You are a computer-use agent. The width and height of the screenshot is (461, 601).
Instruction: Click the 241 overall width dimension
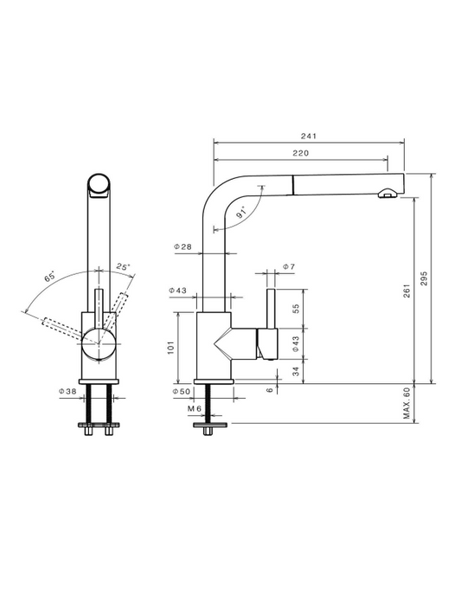pos(309,136)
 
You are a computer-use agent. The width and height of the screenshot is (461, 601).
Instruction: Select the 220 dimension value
pos(301,153)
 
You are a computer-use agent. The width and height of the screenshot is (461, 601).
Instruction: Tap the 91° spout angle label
pos(242,213)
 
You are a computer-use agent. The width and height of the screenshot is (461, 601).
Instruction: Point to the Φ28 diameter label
pos(182,246)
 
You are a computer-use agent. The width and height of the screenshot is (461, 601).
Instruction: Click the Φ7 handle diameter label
pos(289,266)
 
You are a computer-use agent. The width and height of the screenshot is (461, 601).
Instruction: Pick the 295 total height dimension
pos(424,278)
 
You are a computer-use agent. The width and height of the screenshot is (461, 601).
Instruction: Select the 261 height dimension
pos(407,291)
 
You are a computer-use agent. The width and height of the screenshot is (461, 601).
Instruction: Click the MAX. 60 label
pos(407,403)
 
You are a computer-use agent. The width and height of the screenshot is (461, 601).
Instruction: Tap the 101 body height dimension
pos(171,348)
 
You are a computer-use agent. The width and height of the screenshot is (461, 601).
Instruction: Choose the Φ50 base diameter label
pos(182,392)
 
